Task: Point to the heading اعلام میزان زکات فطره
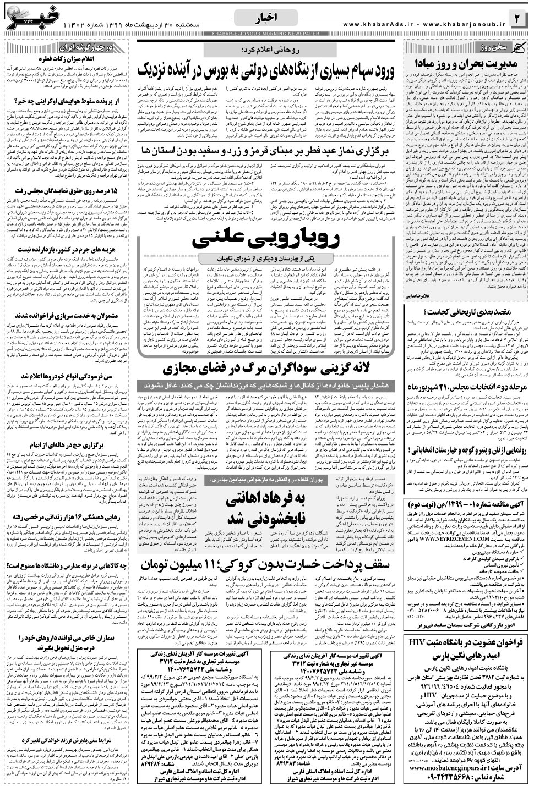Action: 68,57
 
